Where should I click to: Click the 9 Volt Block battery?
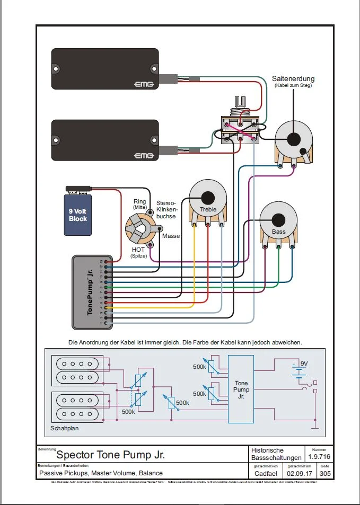click(x=78, y=215)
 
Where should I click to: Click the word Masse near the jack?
click(x=171, y=236)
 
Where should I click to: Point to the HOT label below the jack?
click(x=139, y=249)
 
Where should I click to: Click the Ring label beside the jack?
click(x=139, y=202)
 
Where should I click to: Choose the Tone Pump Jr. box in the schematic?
click(x=241, y=389)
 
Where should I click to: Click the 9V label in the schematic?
click(x=304, y=364)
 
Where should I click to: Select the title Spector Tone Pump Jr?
click(x=110, y=455)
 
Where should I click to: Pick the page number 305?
click(x=325, y=473)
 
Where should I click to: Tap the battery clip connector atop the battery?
click(x=78, y=189)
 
